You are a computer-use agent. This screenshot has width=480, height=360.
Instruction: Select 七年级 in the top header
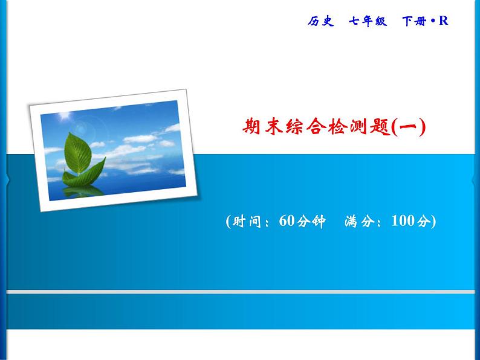[x=366, y=22]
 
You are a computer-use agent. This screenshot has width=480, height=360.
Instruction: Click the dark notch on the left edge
[x=7, y=179]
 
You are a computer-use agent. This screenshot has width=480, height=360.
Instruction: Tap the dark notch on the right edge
[x=473, y=179]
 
